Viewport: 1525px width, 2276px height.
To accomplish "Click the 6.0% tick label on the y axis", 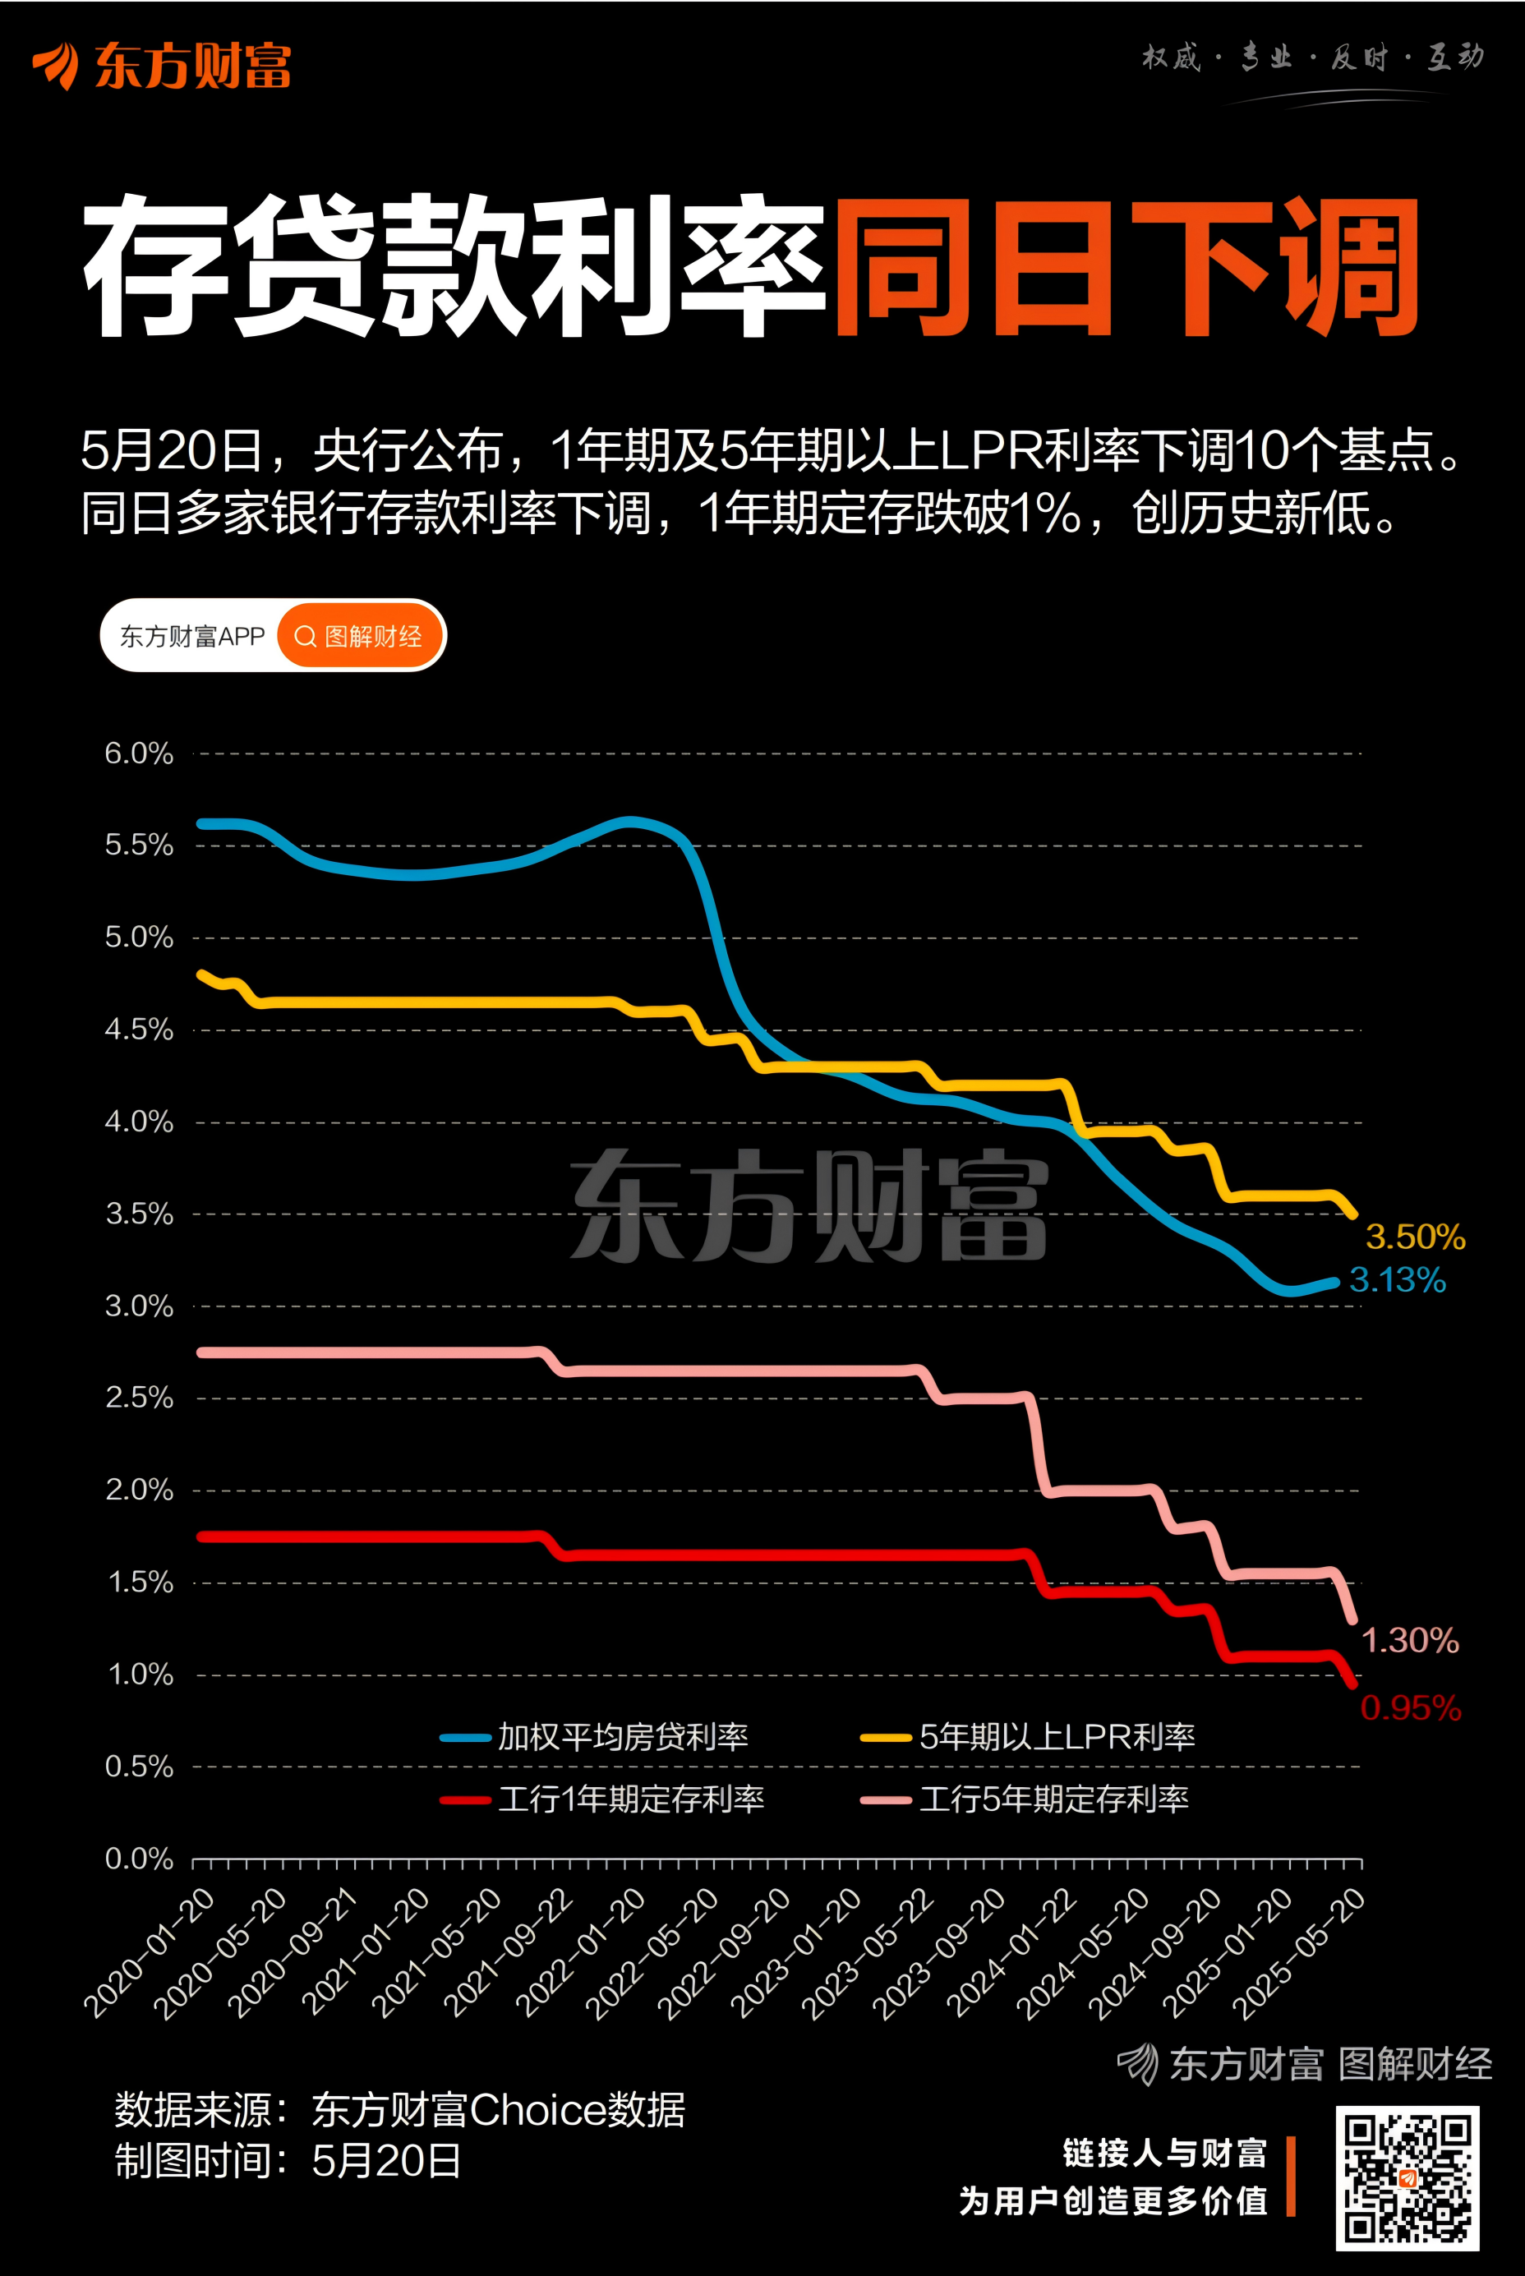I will [x=138, y=753].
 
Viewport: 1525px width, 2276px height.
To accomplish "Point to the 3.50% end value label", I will [x=1415, y=1237].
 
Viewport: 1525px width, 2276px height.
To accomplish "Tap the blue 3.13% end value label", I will [x=1398, y=1280].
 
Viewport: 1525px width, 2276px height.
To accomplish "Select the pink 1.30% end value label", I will [x=1409, y=1641].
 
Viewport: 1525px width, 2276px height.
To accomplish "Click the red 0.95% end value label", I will [x=1410, y=1708].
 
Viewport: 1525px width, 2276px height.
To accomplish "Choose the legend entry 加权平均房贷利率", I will [x=623, y=1737].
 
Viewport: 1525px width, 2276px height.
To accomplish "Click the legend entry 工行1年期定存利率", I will [x=630, y=1799].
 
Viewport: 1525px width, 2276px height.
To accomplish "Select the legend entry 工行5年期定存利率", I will [x=1053, y=1799].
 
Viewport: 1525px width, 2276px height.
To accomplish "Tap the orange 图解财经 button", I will [x=360, y=636].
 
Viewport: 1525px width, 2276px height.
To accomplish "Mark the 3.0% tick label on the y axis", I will [x=138, y=1306].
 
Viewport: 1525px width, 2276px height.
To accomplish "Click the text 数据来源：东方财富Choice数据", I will [x=399, y=2110].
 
